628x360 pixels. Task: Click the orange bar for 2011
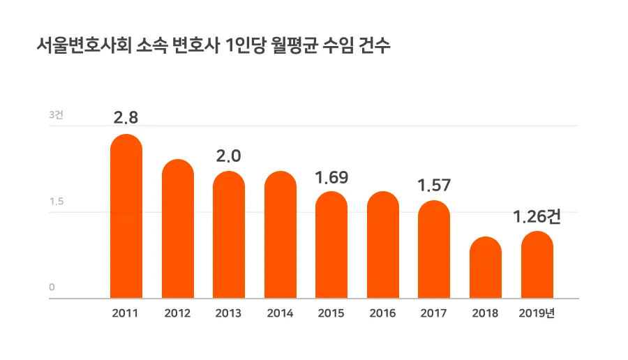pyautogui.click(x=126, y=216)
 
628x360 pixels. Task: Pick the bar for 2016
pyautogui.click(x=383, y=245)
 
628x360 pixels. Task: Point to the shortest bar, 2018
pyautogui.click(x=486, y=268)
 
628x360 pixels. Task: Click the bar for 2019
pyautogui.click(x=537, y=265)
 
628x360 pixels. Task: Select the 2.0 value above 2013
pyautogui.click(x=228, y=156)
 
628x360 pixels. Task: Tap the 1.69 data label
pyautogui.click(x=331, y=177)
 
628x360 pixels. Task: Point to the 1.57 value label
pyautogui.click(x=434, y=186)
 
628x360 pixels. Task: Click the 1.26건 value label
pyautogui.click(x=537, y=217)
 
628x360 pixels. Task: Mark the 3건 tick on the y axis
pyautogui.click(x=56, y=115)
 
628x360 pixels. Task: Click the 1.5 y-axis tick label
pyautogui.click(x=56, y=202)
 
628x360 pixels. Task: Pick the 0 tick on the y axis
pyautogui.click(x=52, y=287)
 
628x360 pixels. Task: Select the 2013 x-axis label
pyautogui.click(x=228, y=313)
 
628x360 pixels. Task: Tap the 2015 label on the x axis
pyautogui.click(x=331, y=313)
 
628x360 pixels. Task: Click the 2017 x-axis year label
pyautogui.click(x=433, y=313)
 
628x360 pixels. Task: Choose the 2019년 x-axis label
pyautogui.click(x=537, y=313)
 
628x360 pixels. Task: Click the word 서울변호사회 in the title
pyautogui.click(x=80, y=47)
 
